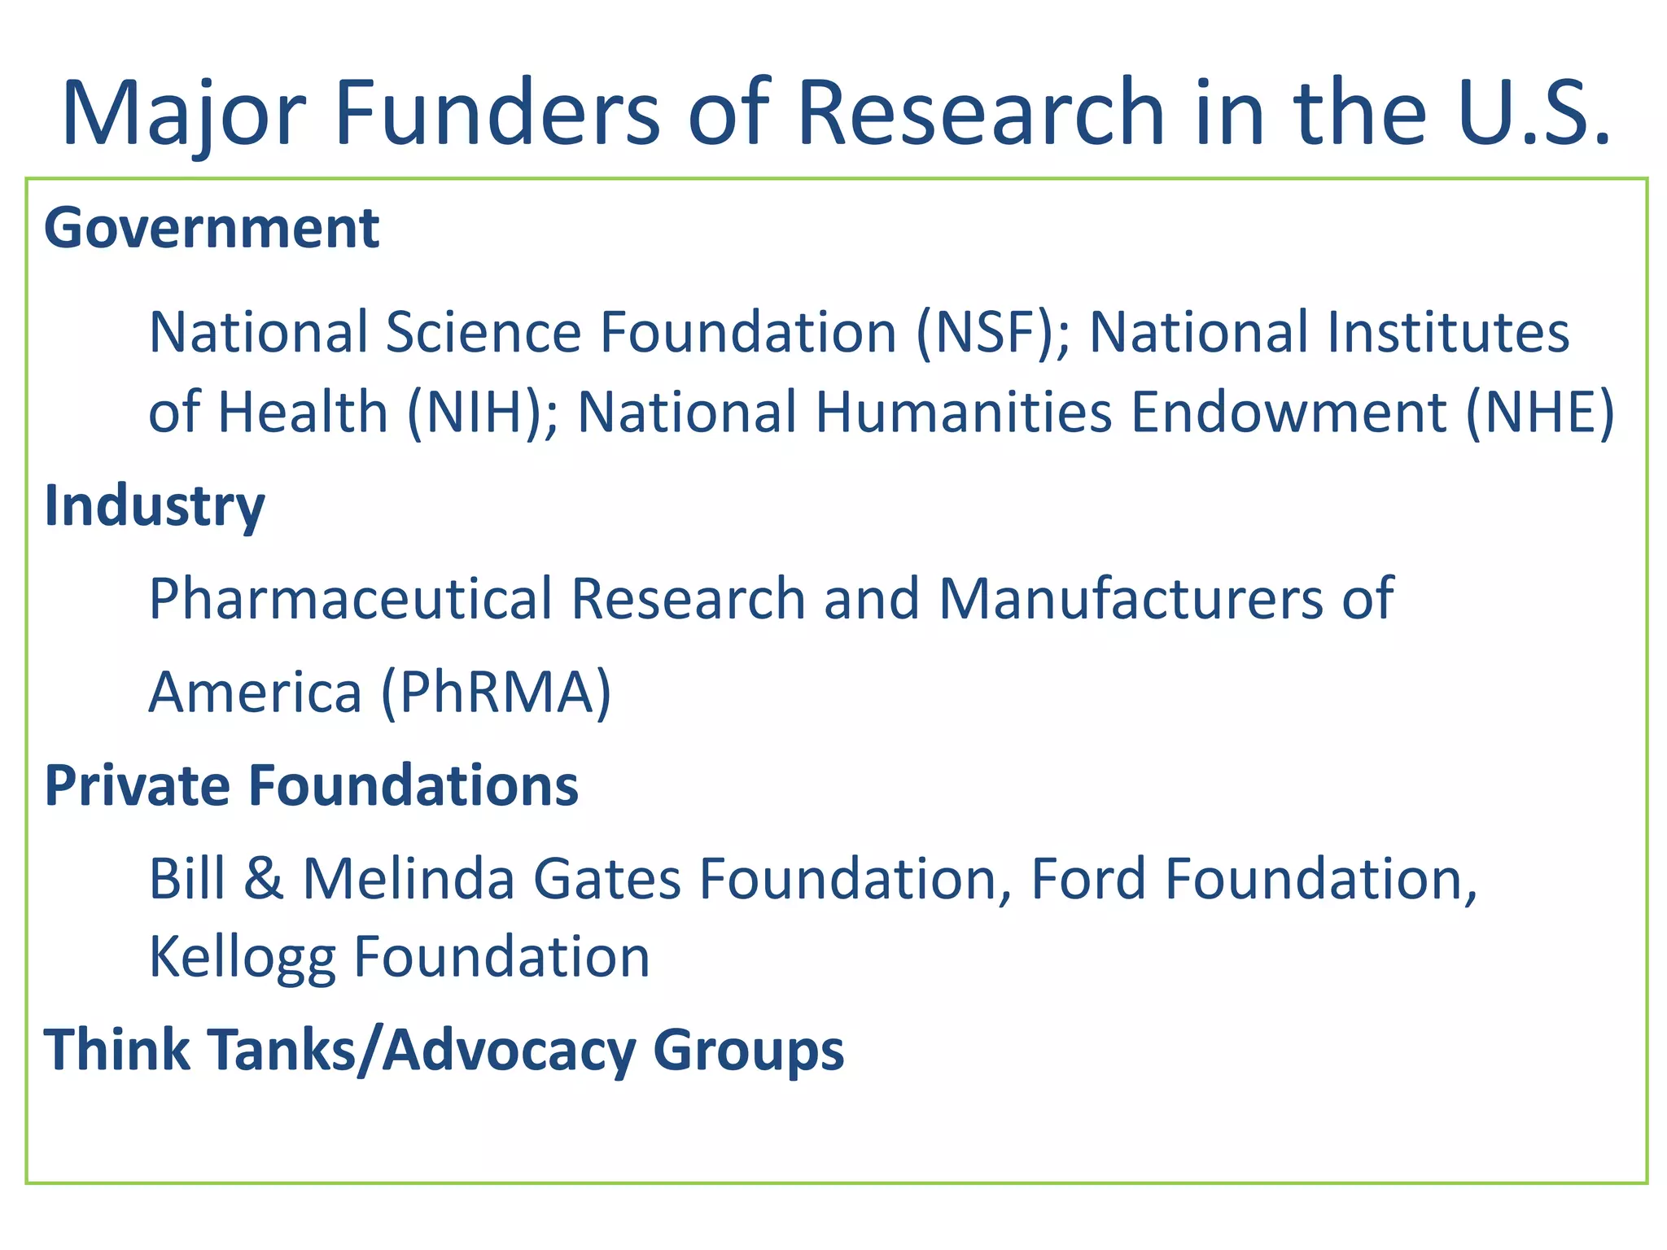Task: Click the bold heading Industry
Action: pyautogui.click(x=155, y=506)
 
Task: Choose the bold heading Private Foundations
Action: pyautogui.click(x=311, y=786)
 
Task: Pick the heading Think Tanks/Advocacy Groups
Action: pyautogui.click(x=444, y=1050)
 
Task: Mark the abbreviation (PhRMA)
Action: pyautogui.click(x=496, y=693)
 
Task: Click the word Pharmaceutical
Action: pyautogui.click(x=351, y=599)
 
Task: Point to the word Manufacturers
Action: pyautogui.click(x=1131, y=599)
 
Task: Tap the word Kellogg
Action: pyautogui.click(x=242, y=958)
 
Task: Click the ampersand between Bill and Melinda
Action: pyautogui.click(x=263, y=879)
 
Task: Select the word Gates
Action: pyautogui.click(x=606, y=879)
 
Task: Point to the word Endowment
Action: pyautogui.click(x=1288, y=412)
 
